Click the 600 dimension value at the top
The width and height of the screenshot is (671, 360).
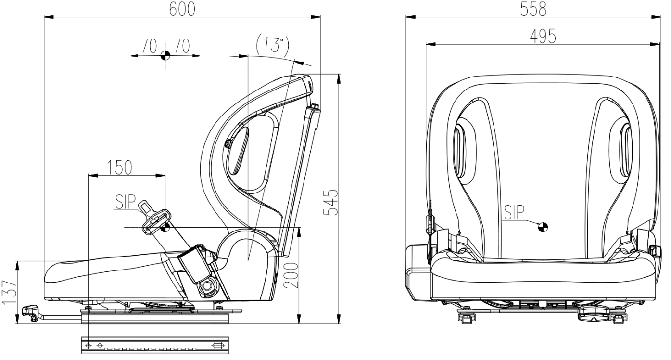[x=182, y=9]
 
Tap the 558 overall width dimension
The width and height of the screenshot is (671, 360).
[x=533, y=9]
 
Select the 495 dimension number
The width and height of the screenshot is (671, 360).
[x=543, y=37]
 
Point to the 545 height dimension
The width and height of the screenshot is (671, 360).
[x=331, y=202]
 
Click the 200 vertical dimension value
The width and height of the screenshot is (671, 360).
[x=291, y=275]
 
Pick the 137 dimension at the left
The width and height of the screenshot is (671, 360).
[x=9, y=292]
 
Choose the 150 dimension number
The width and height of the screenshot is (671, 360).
[x=119, y=167]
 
